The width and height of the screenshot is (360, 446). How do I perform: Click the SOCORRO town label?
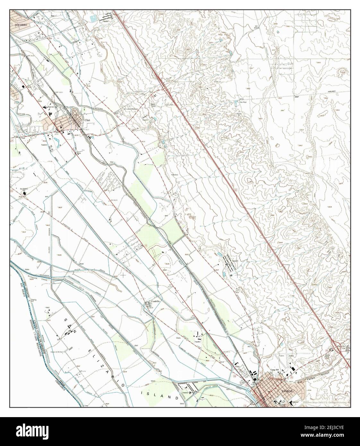point(20,24)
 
